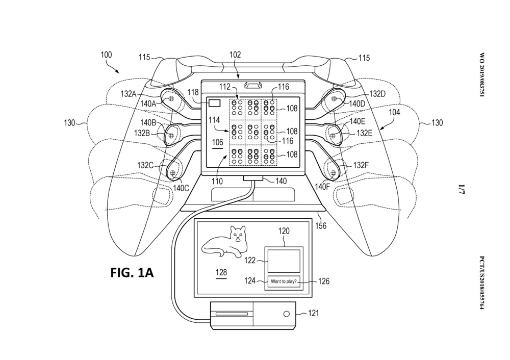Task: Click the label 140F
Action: coord(322,187)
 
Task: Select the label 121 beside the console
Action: coord(314,314)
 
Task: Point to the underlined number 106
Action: coord(217,142)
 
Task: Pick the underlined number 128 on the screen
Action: coord(221,273)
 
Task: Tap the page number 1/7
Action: coord(463,191)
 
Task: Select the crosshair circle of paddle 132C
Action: coord(173,174)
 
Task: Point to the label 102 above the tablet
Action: coord(236,55)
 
